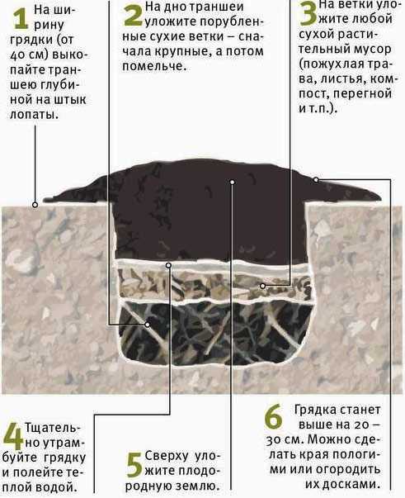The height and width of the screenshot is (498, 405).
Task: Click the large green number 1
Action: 21,19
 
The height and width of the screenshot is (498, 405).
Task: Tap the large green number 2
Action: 133,15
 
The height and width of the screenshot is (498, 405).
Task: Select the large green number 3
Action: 308,13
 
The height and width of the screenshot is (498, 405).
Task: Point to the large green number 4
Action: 12,438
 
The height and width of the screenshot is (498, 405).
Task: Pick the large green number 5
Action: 134,465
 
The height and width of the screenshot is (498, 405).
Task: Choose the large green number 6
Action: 273,415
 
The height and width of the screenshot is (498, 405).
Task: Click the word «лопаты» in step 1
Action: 35,115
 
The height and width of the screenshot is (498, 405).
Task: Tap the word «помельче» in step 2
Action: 153,66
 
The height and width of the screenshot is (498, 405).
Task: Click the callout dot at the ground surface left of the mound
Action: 35,205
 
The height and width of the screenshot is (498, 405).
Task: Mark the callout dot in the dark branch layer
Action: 148,325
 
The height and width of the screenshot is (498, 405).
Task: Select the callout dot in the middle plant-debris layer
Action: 262,286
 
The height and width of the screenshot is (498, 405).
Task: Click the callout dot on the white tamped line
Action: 169,265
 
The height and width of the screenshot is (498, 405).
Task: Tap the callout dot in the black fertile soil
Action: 233,182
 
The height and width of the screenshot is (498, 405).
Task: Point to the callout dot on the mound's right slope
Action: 316,180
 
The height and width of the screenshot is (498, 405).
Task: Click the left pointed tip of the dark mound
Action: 45,200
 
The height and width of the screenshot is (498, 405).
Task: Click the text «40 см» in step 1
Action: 27,55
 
